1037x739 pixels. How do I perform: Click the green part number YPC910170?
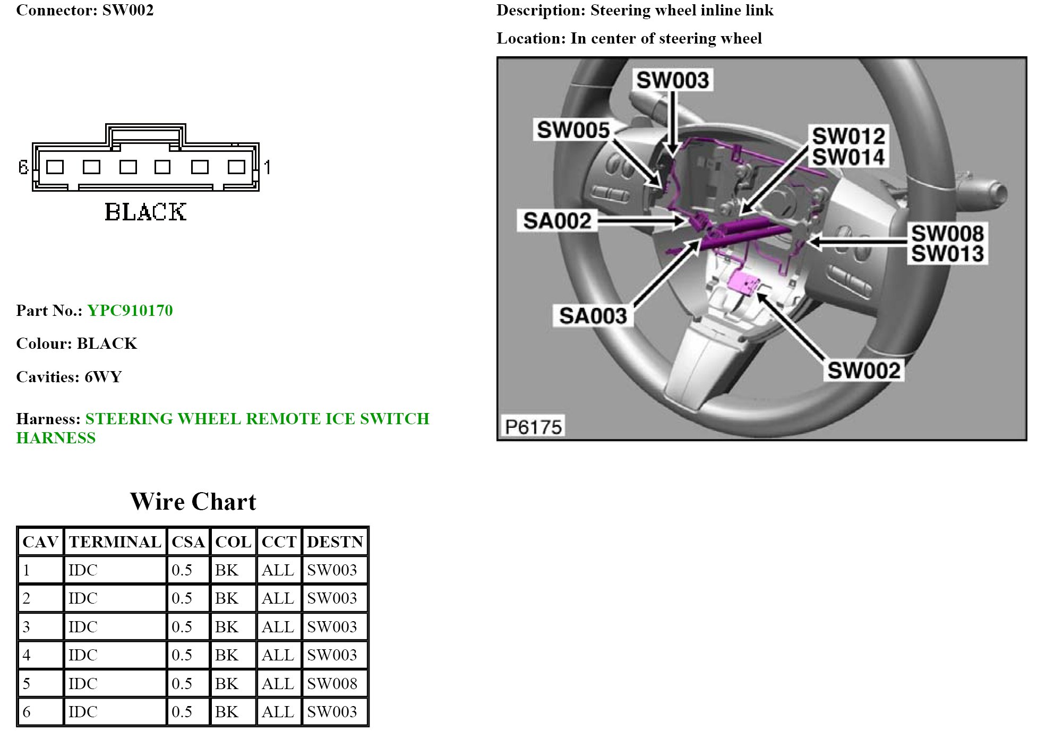pos(130,311)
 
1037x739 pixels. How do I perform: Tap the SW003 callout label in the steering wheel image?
pos(672,80)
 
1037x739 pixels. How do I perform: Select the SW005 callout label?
pos(573,130)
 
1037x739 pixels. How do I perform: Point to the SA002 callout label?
pos(557,221)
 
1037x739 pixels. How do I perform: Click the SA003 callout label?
pos(593,316)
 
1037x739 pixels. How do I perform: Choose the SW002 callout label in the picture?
pos(864,371)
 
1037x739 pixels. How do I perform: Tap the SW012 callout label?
pos(849,136)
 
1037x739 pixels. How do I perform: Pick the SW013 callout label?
pos(948,254)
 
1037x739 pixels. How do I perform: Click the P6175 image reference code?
pos(533,427)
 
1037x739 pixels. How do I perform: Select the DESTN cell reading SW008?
pos(332,683)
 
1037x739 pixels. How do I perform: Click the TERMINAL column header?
pos(115,542)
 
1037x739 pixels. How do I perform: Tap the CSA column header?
pos(188,542)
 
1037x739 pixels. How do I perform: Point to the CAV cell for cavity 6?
pos(27,712)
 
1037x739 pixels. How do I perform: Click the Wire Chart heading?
pos(193,502)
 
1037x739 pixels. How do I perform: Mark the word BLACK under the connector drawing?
pos(145,212)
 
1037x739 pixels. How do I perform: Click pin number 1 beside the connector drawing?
pos(267,167)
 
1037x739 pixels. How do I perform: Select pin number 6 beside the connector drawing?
pos(23,167)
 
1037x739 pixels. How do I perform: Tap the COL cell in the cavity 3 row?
pos(227,627)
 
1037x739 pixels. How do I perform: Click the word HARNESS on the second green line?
pos(56,438)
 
